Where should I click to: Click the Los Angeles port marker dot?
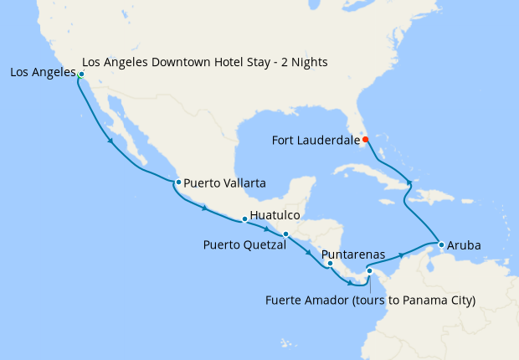80,75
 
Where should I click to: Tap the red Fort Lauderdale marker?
365,139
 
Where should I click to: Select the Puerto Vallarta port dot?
177,182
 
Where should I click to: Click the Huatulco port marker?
244,219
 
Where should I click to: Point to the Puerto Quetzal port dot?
285,234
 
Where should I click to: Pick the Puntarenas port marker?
330,264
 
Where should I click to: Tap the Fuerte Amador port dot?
369,271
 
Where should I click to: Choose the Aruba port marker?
441,244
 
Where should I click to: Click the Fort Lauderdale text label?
316,140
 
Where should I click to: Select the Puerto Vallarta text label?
225,182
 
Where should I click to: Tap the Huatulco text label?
275,215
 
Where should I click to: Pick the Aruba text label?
464,245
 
